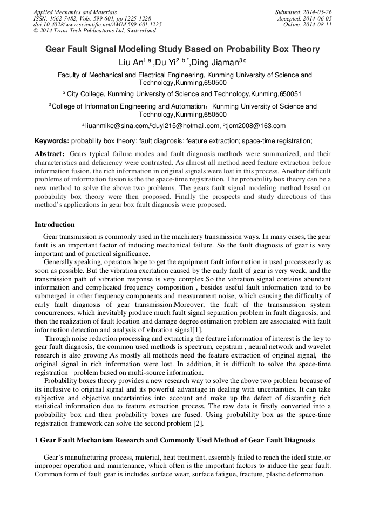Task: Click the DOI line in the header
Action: pos(97,25)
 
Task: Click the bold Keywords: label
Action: pos(52,141)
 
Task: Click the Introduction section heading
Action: pos(55,225)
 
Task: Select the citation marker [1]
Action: pos(197,329)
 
